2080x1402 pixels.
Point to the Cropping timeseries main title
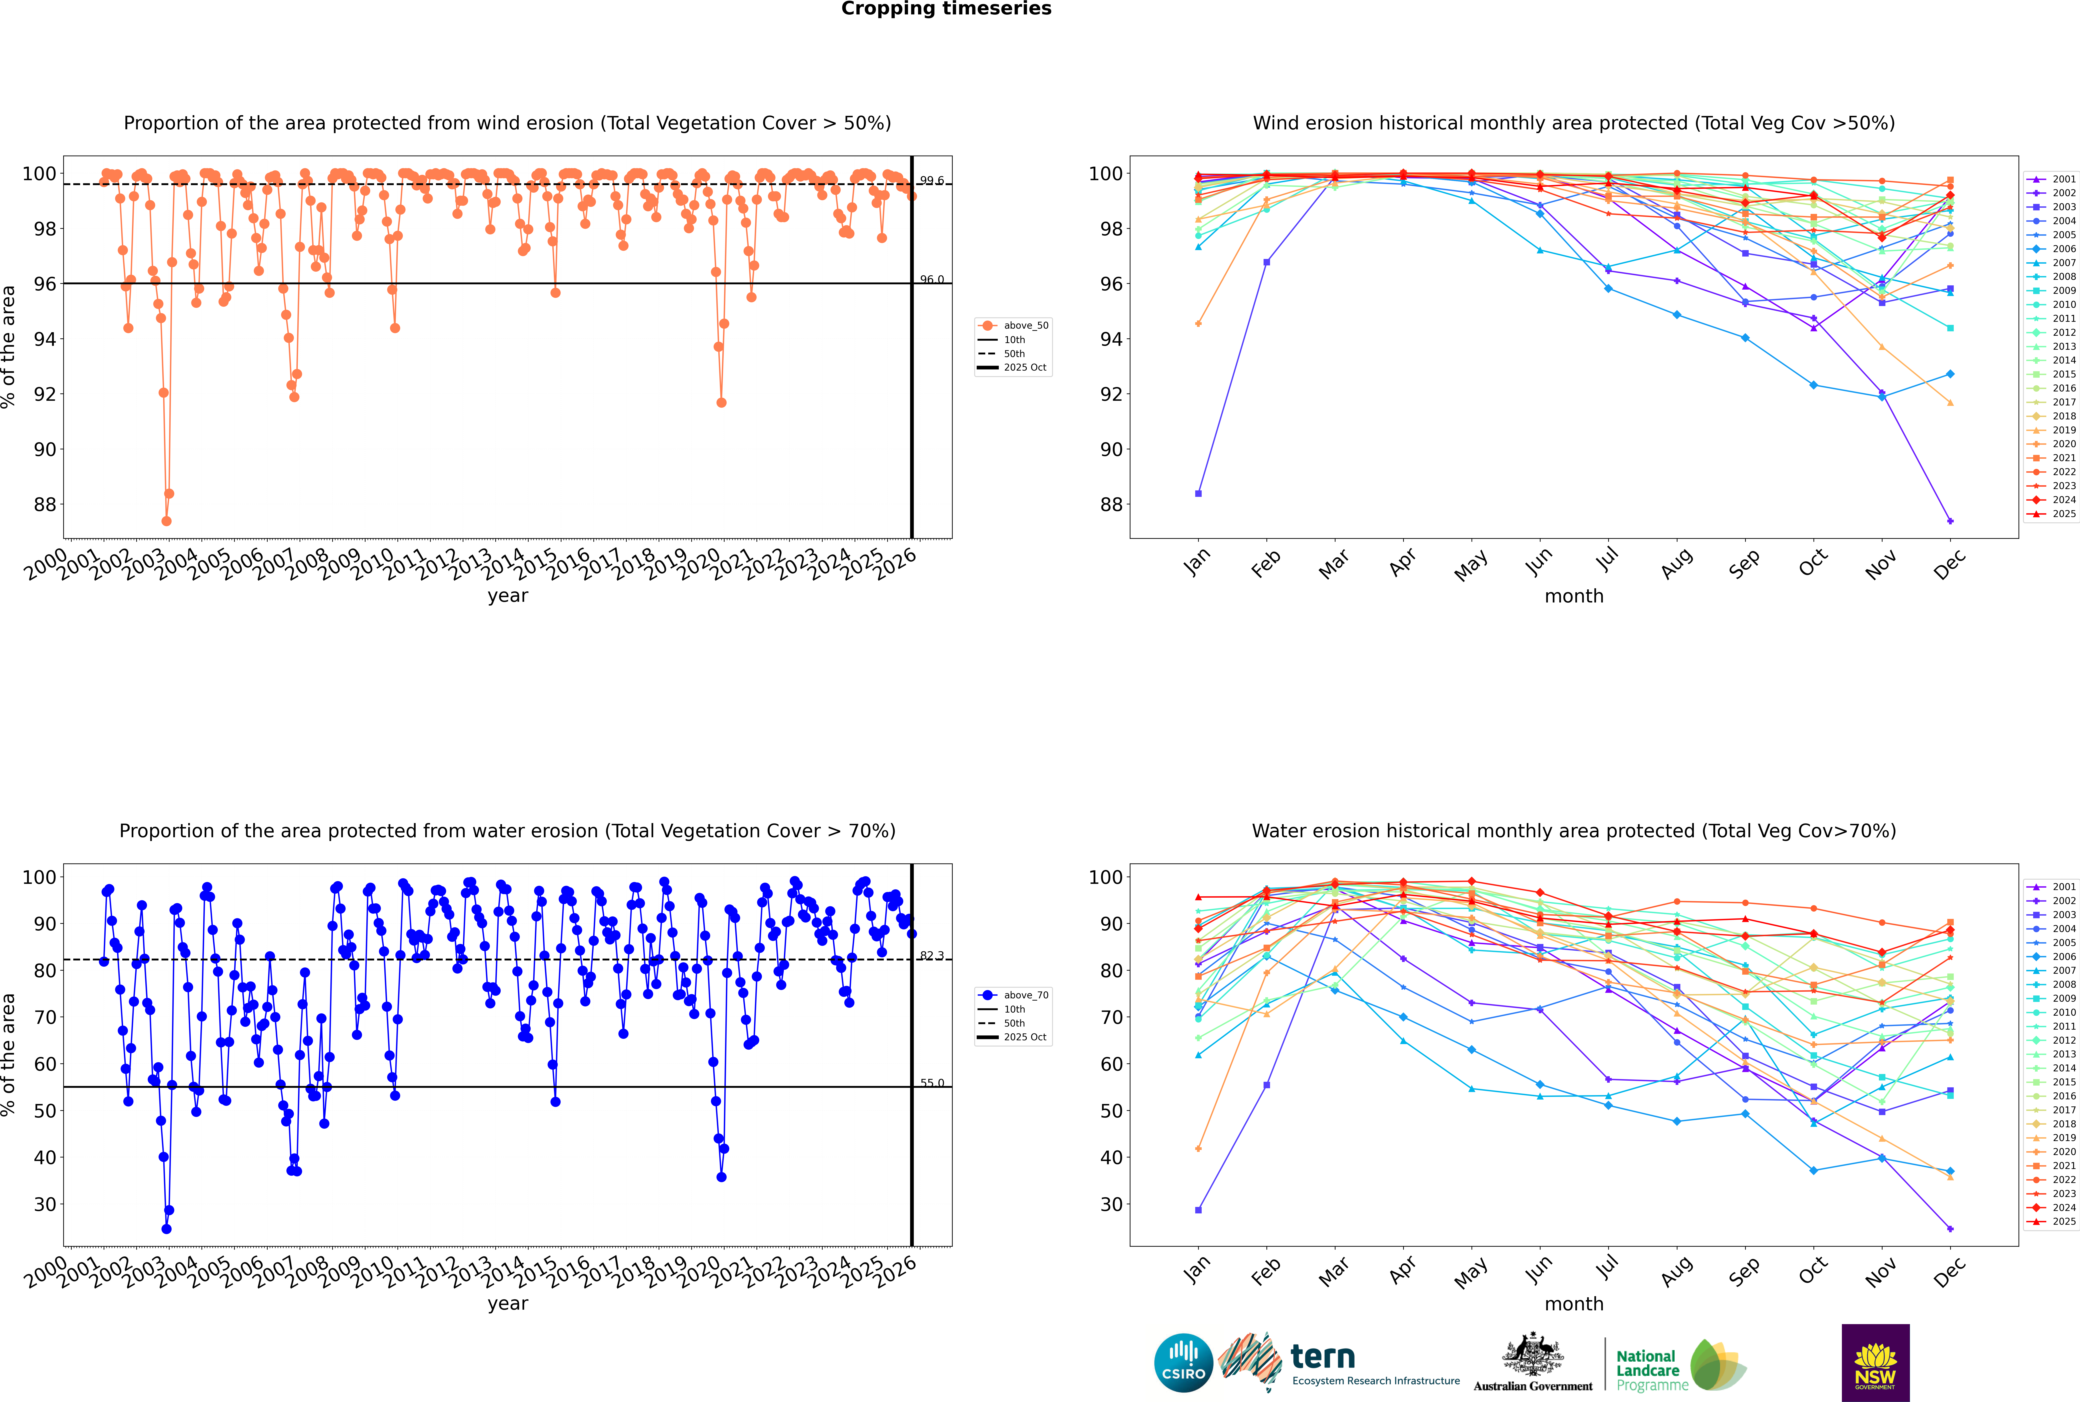(946, 9)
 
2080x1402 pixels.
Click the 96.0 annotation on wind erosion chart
(932, 280)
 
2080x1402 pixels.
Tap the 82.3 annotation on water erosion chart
(932, 956)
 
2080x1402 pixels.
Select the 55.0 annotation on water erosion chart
(932, 1083)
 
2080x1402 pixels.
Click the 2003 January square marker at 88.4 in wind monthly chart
(1198, 494)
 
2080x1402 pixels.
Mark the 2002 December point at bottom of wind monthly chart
(1950, 521)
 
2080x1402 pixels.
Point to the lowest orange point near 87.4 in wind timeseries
(166, 521)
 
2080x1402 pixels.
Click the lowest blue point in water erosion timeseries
(166, 1228)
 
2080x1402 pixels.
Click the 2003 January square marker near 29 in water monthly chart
(1198, 1210)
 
